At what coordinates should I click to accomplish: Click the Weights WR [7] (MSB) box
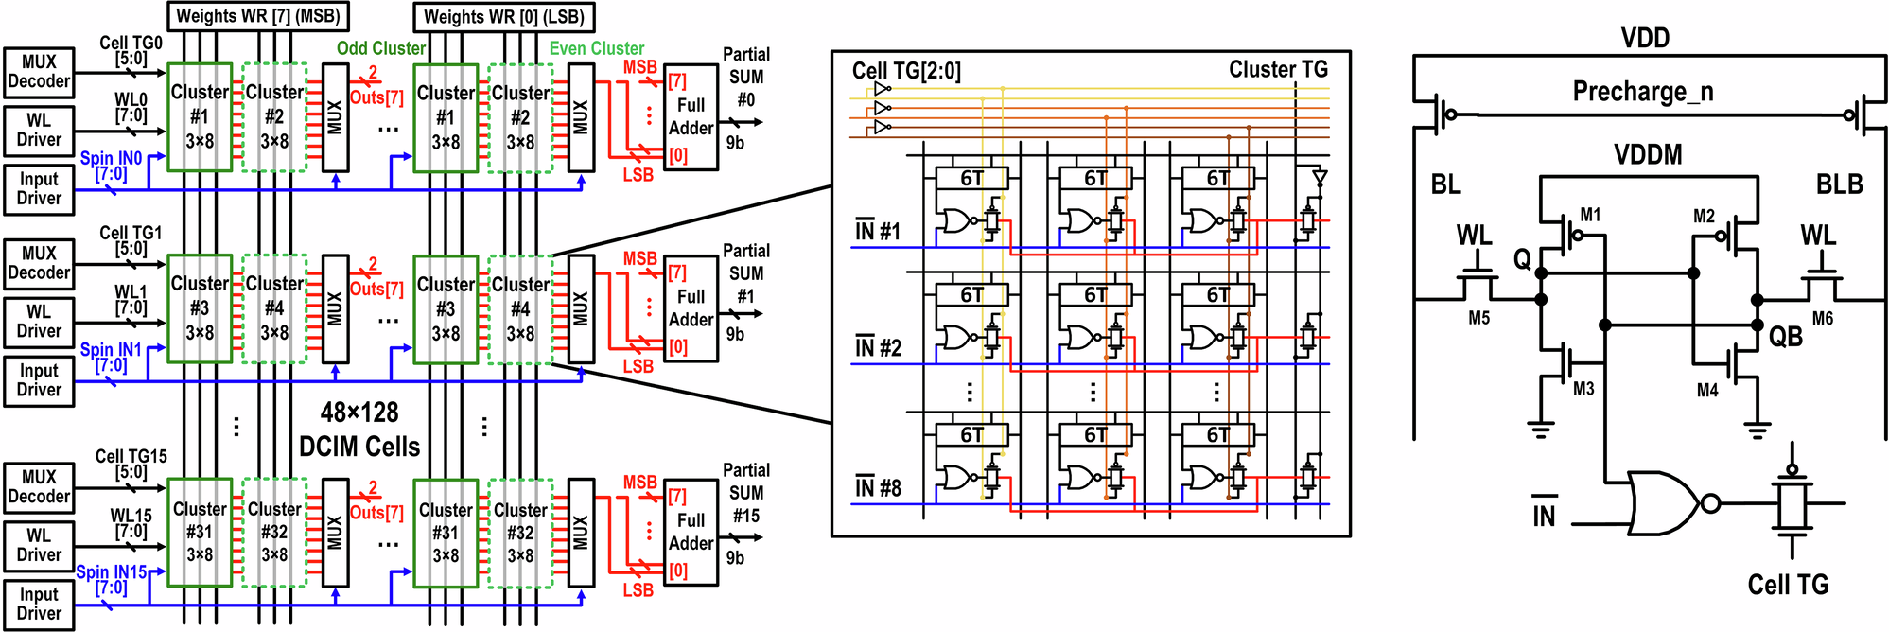pyautogui.click(x=257, y=16)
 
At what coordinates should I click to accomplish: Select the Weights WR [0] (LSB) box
pyautogui.click(x=504, y=16)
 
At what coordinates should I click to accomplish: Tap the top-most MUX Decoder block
pyautogui.click(x=39, y=72)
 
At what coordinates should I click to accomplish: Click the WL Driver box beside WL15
pyautogui.click(x=39, y=545)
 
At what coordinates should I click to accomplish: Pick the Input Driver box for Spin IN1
pyautogui.click(x=39, y=380)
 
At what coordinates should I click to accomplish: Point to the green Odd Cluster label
pyautogui.click(x=381, y=48)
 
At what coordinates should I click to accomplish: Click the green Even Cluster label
pyautogui.click(x=597, y=48)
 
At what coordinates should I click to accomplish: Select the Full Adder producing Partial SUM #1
pyautogui.click(x=691, y=308)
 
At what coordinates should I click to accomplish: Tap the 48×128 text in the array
pyautogui.click(x=359, y=413)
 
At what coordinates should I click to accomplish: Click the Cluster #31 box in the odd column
pyautogui.click(x=200, y=532)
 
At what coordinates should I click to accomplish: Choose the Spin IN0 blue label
pyautogui.click(x=111, y=158)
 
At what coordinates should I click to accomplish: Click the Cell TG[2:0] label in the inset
pyautogui.click(x=906, y=71)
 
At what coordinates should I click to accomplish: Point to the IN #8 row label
pyautogui.click(x=878, y=488)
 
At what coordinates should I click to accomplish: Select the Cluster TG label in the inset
pyautogui.click(x=1278, y=69)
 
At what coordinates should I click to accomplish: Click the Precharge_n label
pyautogui.click(x=1642, y=92)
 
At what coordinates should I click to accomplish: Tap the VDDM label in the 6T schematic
pyautogui.click(x=1648, y=154)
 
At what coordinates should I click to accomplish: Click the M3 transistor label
pyautogui.click(x=1583, y=389)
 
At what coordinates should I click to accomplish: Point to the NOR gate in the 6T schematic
pyautogui.click(x=1665, y=503)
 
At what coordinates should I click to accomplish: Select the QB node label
pyautogui.click(x=1785, y=337)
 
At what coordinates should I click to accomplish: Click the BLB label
pyautogui.click(x=1839, y=184)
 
